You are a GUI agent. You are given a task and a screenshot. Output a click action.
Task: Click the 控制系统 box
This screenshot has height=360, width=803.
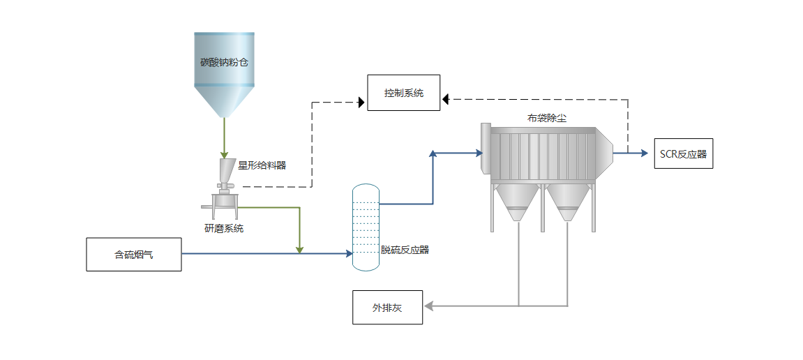click(403, 93)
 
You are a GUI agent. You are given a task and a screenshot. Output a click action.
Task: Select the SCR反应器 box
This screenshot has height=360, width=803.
click(683, 153)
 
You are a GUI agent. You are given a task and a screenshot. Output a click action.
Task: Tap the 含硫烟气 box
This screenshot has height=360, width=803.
click(134, 255)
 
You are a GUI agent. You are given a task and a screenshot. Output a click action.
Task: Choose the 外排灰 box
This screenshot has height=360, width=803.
click(387, 308)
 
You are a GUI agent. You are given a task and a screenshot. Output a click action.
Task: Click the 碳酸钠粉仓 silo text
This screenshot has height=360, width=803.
click(224, 62)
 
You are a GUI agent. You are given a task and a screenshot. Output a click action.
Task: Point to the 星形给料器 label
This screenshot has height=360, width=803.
click(262, 165)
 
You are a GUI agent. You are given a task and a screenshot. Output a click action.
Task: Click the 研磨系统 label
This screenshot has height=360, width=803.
click(224, 228)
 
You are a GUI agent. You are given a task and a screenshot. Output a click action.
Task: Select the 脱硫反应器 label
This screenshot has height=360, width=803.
click(405, 249)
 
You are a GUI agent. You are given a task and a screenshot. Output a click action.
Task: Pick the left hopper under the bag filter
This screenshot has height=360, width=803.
click(517, 202)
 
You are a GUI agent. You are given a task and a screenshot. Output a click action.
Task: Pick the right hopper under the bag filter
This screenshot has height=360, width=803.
click(568, 202)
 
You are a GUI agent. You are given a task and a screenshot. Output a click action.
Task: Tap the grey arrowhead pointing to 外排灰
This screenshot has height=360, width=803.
click(430, 306)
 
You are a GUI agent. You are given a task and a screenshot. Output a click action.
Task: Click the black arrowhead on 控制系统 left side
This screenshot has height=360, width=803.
click(361, 103)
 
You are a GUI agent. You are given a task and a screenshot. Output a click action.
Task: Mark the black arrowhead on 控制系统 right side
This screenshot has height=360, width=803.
click(445, 99)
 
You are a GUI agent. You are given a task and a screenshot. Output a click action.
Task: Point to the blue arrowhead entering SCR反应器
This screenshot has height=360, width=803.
click(645, 153)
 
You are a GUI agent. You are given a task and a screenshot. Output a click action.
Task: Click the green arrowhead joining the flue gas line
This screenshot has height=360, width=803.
click(300, 249)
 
